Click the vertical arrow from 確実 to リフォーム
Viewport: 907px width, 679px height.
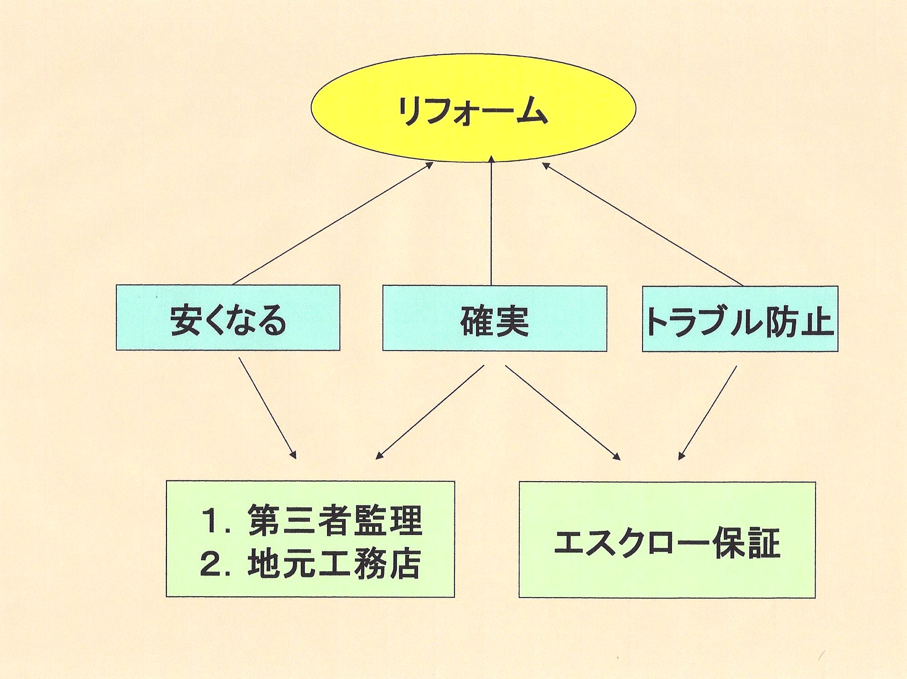tap(491, 221)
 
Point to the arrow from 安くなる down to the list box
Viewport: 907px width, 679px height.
tap(267, 408)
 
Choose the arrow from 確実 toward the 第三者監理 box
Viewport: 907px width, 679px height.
tap(430, 412)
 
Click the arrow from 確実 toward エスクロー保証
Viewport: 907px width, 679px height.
tap(563, 412)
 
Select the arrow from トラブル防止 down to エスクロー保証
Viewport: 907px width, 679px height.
tap(708, 412)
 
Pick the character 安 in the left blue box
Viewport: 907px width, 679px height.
tap(185, 320)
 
